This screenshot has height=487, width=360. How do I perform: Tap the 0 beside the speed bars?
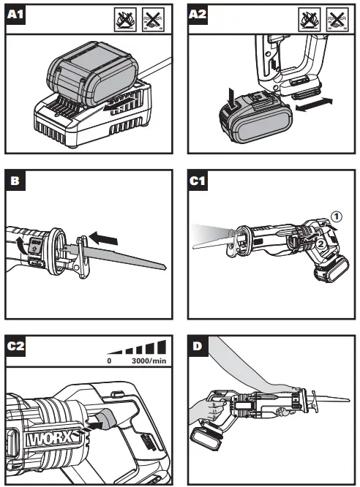pyautogui.click(x=109, y=360)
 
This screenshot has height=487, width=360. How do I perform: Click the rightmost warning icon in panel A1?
pyautogui.click(x=154, y=18)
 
